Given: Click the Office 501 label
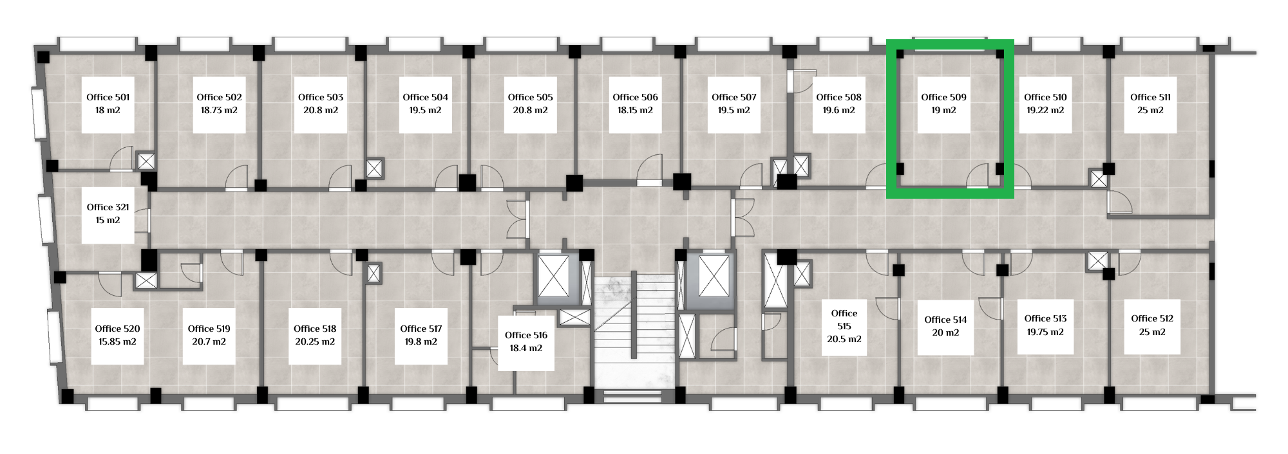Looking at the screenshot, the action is pos(108,97).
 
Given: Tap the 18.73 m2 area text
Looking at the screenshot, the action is pos(219,110).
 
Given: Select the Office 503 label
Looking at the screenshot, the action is pos(321,97).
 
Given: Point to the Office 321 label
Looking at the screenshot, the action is pos(108,207).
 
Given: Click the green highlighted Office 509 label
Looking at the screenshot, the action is pos(943,97).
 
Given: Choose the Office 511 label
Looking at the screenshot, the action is pos(1150,97).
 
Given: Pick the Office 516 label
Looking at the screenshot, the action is pos(526,335).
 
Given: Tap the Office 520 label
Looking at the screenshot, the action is pos(117,329).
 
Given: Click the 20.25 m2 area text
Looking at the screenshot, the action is pos(315,341).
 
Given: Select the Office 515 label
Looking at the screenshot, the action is pos(844,320).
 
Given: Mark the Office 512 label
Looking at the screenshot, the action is pos(1152,318).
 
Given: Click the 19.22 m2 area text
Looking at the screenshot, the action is pos(1045,110).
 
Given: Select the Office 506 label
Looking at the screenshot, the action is pos(635,97).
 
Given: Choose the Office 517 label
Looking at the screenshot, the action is pos(421,329).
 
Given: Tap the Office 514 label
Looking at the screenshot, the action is pos(945,320).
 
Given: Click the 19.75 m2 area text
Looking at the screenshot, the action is pos(1045,332).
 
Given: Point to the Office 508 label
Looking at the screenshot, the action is pos(838,97).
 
